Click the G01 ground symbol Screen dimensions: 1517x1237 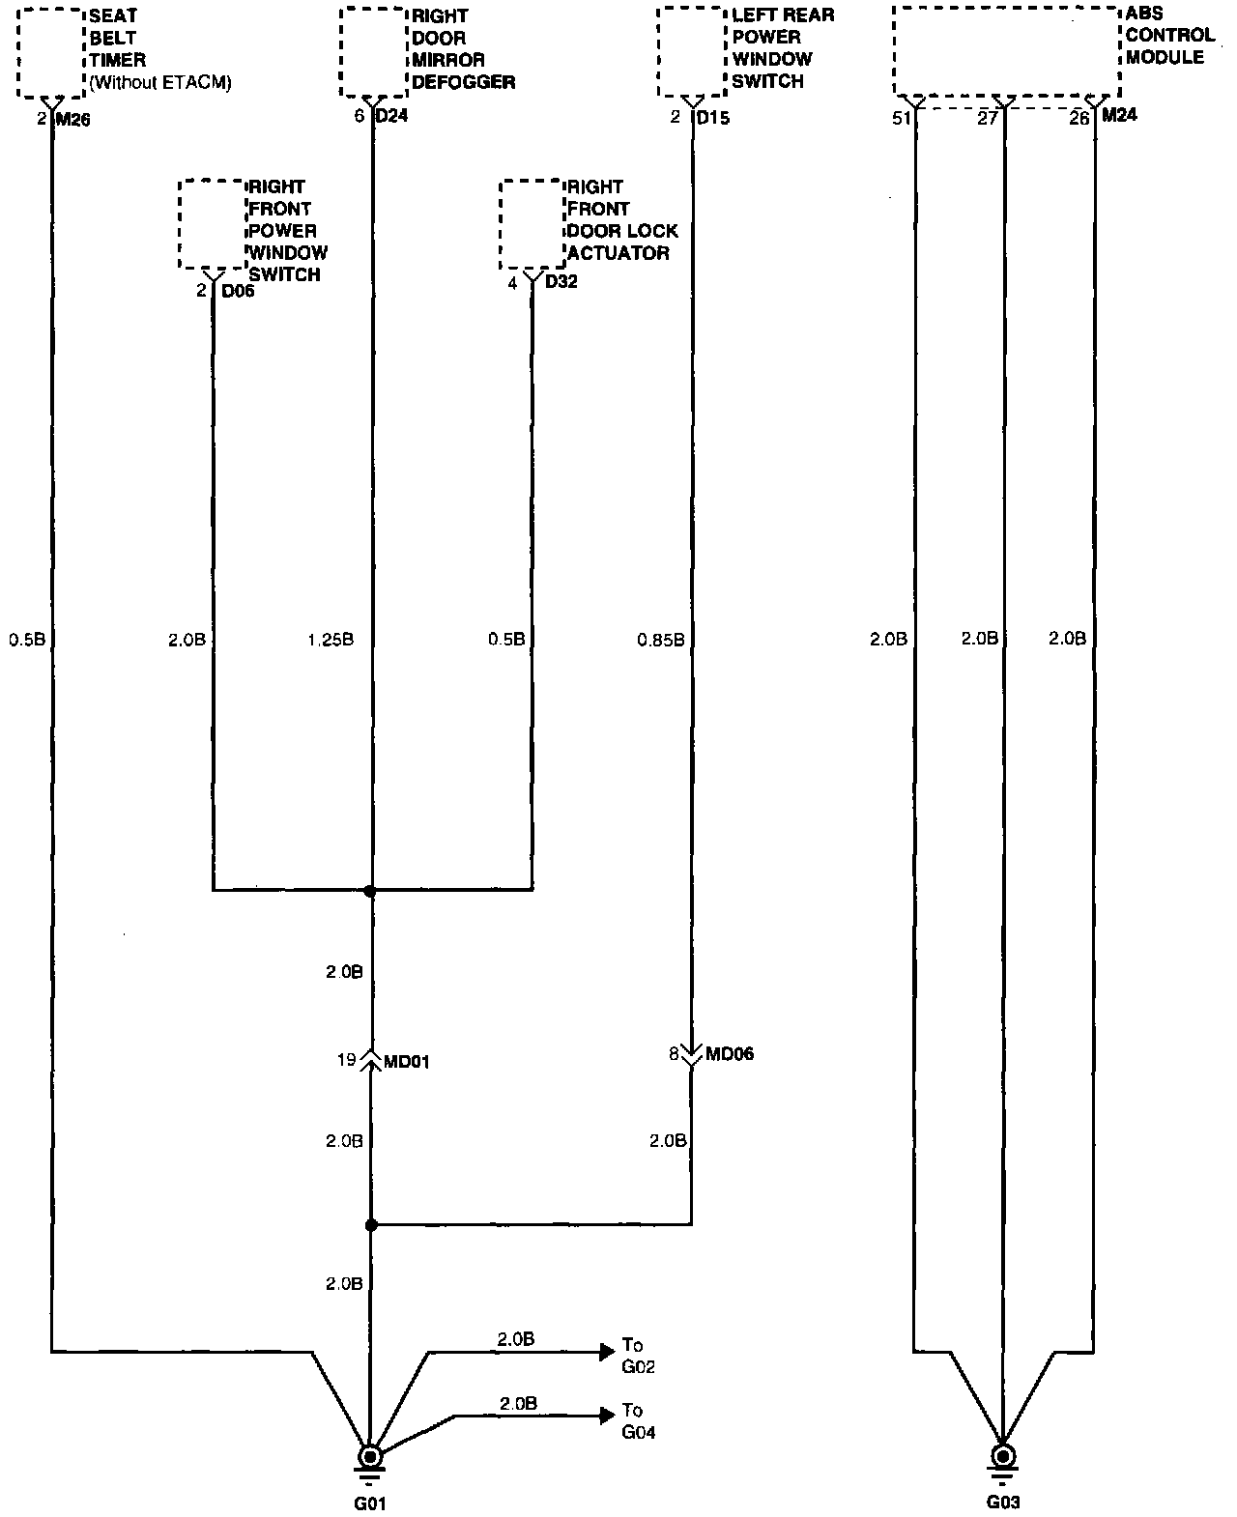[369, 1457]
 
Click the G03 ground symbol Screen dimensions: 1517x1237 [1003, 1457]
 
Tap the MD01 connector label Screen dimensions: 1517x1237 [406, 1062]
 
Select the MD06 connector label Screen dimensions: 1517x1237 [730, 1054]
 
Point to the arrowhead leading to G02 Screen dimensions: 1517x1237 [607, 1351]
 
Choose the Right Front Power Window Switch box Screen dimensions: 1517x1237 [211, 224]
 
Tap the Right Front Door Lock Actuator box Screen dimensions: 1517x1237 [532, 224]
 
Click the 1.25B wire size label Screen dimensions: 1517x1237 [331, 640]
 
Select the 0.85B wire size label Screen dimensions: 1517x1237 [661, 640]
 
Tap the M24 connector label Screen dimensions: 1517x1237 [1119, 116]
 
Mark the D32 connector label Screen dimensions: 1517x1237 [561, 283]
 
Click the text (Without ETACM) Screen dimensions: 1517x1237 [160, 83]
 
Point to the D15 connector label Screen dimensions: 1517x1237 [713, 119]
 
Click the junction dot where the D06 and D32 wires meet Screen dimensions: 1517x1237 [370, 890]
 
